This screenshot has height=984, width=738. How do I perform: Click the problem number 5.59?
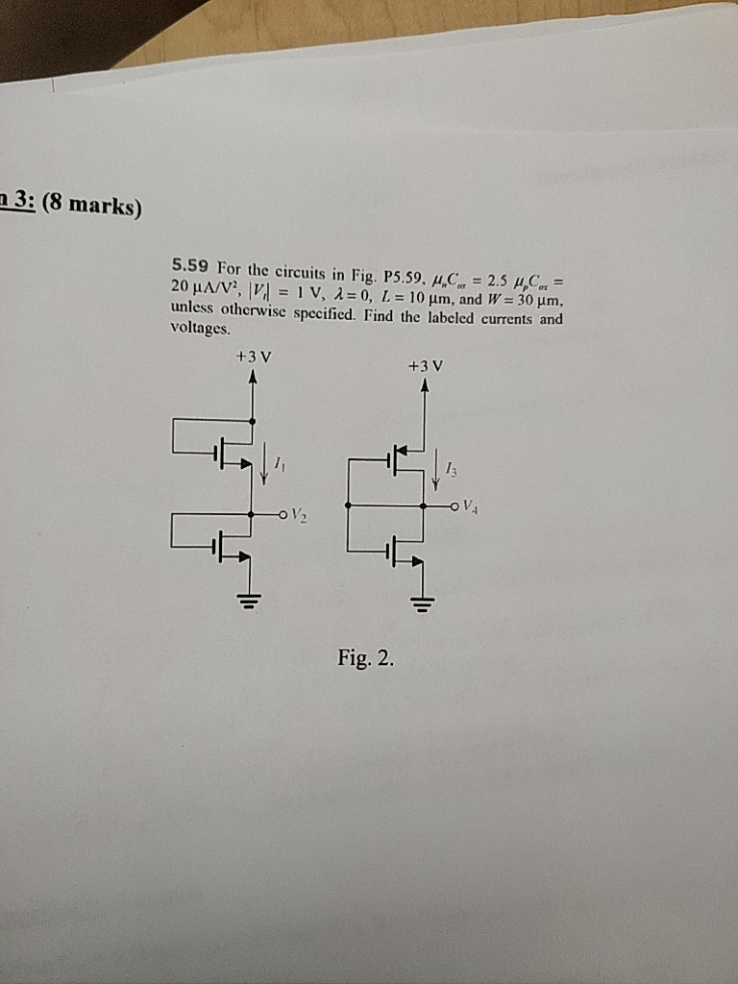pyautogui.click(x=190, y=265)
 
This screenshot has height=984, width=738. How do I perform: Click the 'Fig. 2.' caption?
pyautogui.click(x=365, y=658)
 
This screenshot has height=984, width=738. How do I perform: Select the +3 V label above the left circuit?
pyautogui.click(x=253, y=357)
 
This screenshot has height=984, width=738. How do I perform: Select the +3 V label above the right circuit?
pyautogui.click(x=425, y=365)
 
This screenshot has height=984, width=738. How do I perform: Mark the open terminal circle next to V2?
pyautogui.click(x=283, y=515)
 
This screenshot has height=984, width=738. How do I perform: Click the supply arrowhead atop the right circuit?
pyautogui.click(x=424, y=384)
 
